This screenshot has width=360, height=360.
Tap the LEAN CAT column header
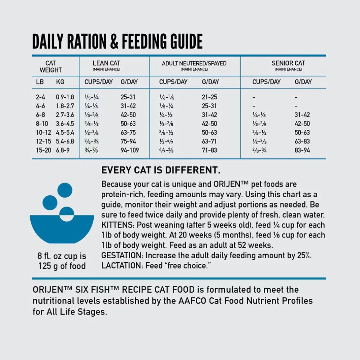(106, 63)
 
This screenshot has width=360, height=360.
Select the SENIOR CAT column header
(288, 63)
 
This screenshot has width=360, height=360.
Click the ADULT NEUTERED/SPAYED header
(194, 63)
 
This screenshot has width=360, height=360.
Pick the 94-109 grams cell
(130, 150)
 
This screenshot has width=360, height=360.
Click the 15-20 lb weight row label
(44, 150)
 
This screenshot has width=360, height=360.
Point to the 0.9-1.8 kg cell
(65, 97)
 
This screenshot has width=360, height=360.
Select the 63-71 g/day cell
(209, 141)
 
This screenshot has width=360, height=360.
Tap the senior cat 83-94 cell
(302, 150)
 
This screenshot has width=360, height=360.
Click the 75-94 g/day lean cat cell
(128, 141)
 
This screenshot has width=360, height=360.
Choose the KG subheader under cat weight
(60, 82)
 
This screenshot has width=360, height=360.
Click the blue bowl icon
(62, 229)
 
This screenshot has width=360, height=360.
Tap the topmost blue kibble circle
(65, 190)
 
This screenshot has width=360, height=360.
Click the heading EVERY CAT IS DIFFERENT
(161, 170)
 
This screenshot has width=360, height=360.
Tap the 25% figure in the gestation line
(304, 255)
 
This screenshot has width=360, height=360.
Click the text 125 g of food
(62, 266)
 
